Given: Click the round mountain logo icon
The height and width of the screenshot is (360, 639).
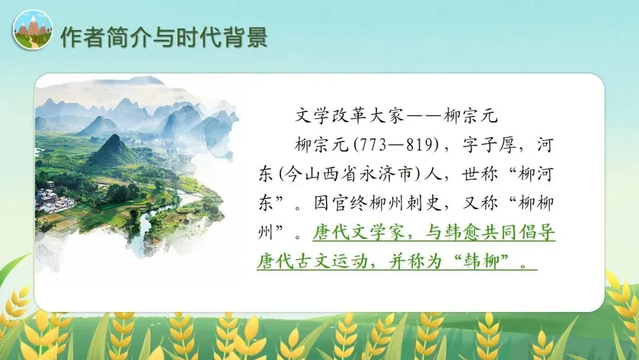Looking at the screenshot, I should tap(33, 30).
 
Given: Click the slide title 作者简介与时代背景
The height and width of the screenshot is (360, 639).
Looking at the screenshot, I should tap(164, 37).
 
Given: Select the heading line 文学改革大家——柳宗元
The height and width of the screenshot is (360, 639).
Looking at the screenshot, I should tap(397, 115).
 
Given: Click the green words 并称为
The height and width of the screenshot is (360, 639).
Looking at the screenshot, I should tap(422, 262).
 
